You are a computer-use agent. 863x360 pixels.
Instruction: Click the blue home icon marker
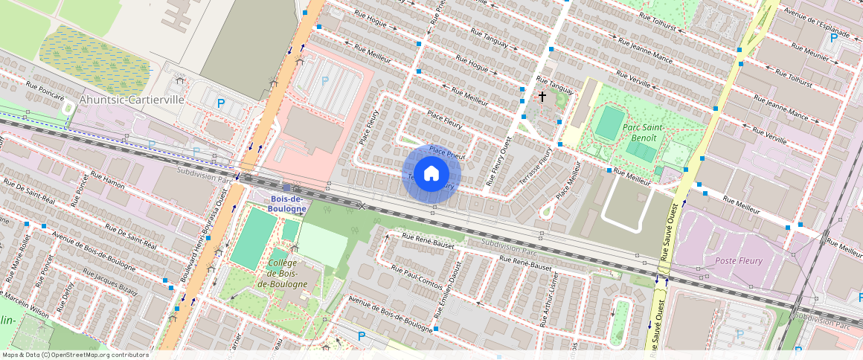(x=431, y=174)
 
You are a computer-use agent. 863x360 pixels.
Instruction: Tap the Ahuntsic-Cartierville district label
(x=131, y=100)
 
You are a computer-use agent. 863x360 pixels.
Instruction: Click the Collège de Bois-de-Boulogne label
(x=282, y=274)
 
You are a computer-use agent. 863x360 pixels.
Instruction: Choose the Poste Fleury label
(x=740, y=260)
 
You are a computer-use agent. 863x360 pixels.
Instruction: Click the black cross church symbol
(x=542, y=97)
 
